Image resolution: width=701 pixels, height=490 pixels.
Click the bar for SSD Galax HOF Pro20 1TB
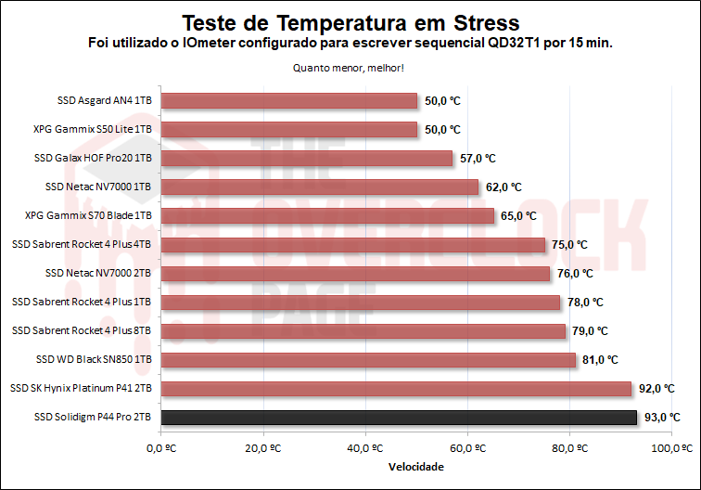[x=307, y=158]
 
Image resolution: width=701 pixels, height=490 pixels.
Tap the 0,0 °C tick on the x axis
[x=161, y=447]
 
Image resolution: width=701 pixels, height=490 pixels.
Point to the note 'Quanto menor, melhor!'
[x=350, y=67]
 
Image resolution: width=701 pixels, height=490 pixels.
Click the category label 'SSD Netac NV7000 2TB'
[x=97, y=274]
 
